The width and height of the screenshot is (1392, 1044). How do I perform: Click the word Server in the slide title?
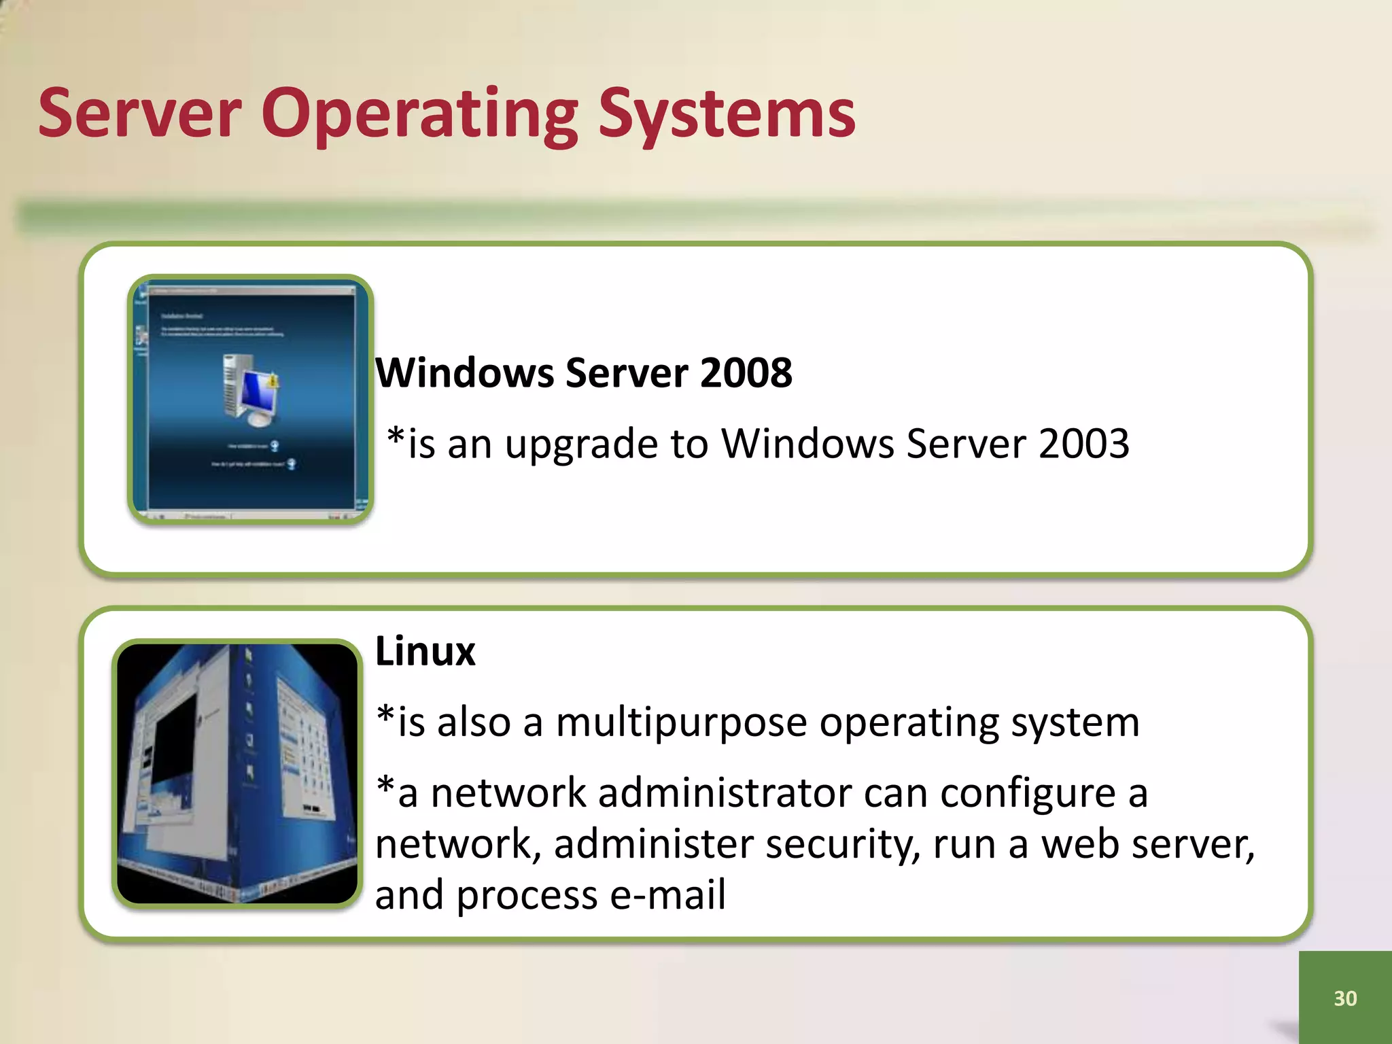(139, 113)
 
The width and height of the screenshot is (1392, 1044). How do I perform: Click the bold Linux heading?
(425, 651)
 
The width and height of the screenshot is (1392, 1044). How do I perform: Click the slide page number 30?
(1345, 998)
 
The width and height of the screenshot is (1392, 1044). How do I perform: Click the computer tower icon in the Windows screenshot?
(233, 386)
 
